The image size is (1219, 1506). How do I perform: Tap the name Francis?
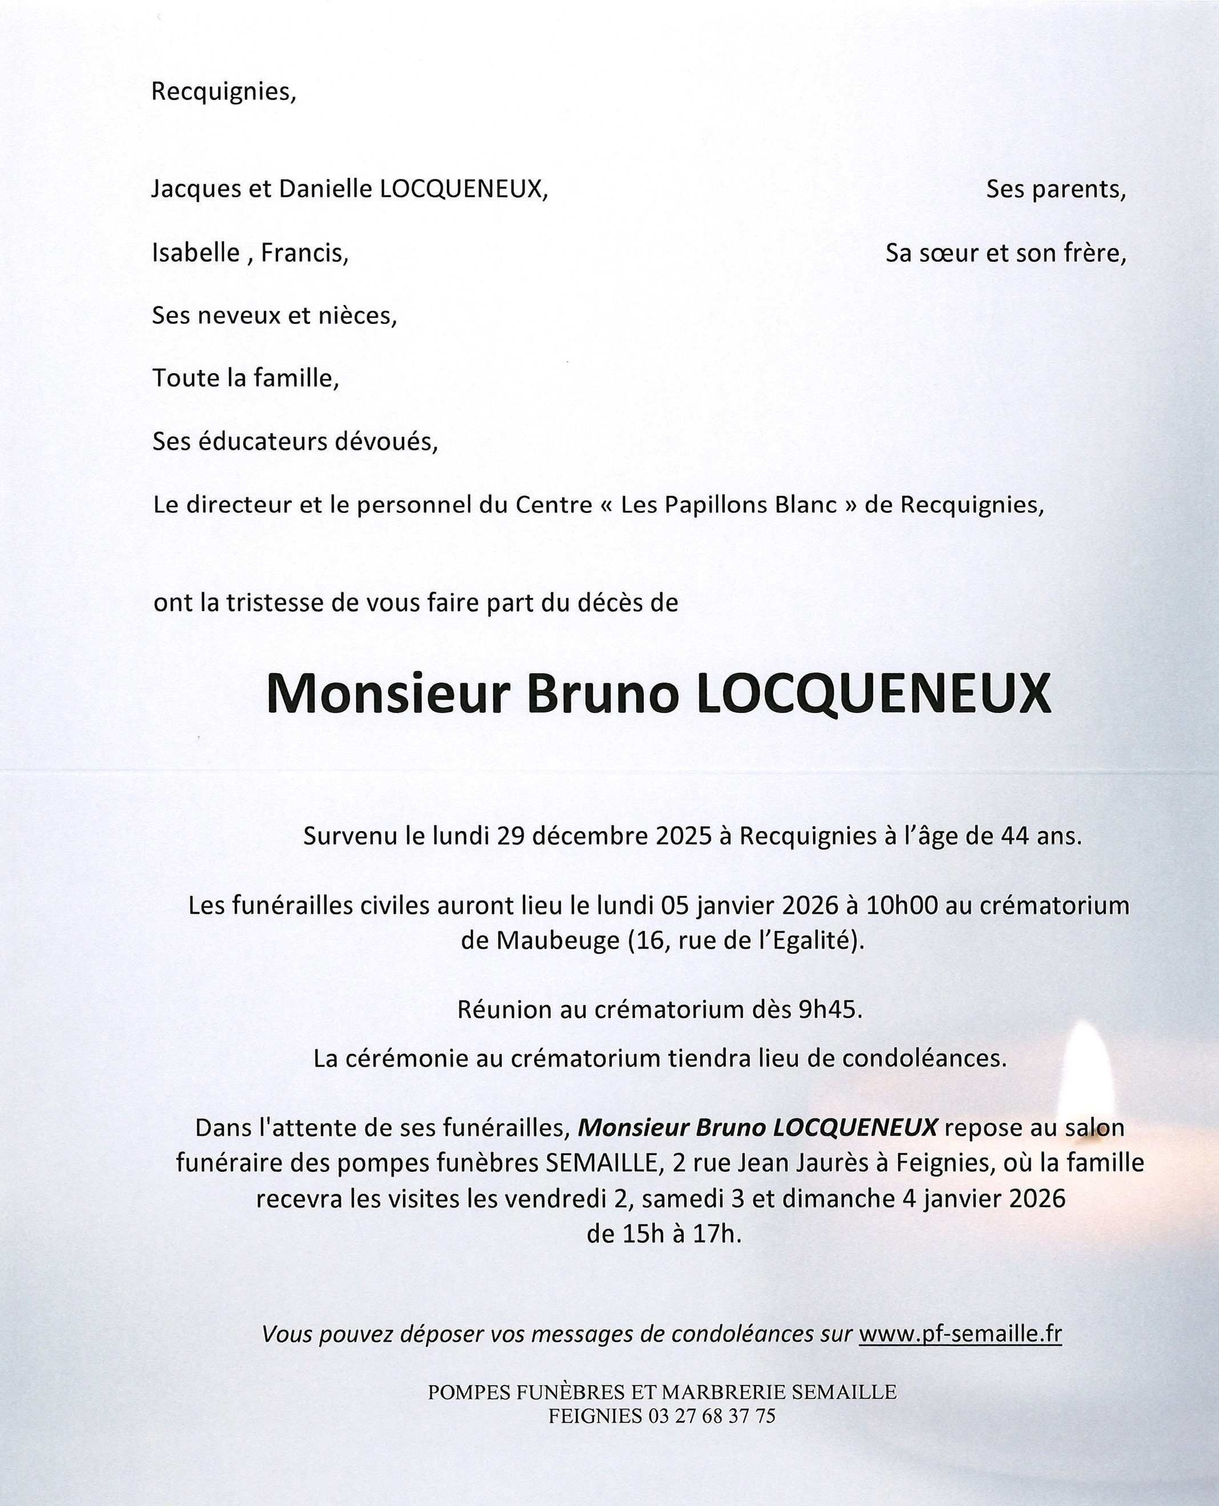click(304, 252)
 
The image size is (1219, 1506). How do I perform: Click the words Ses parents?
click(1055, 189)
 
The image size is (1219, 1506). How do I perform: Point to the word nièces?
click(358, 316)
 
